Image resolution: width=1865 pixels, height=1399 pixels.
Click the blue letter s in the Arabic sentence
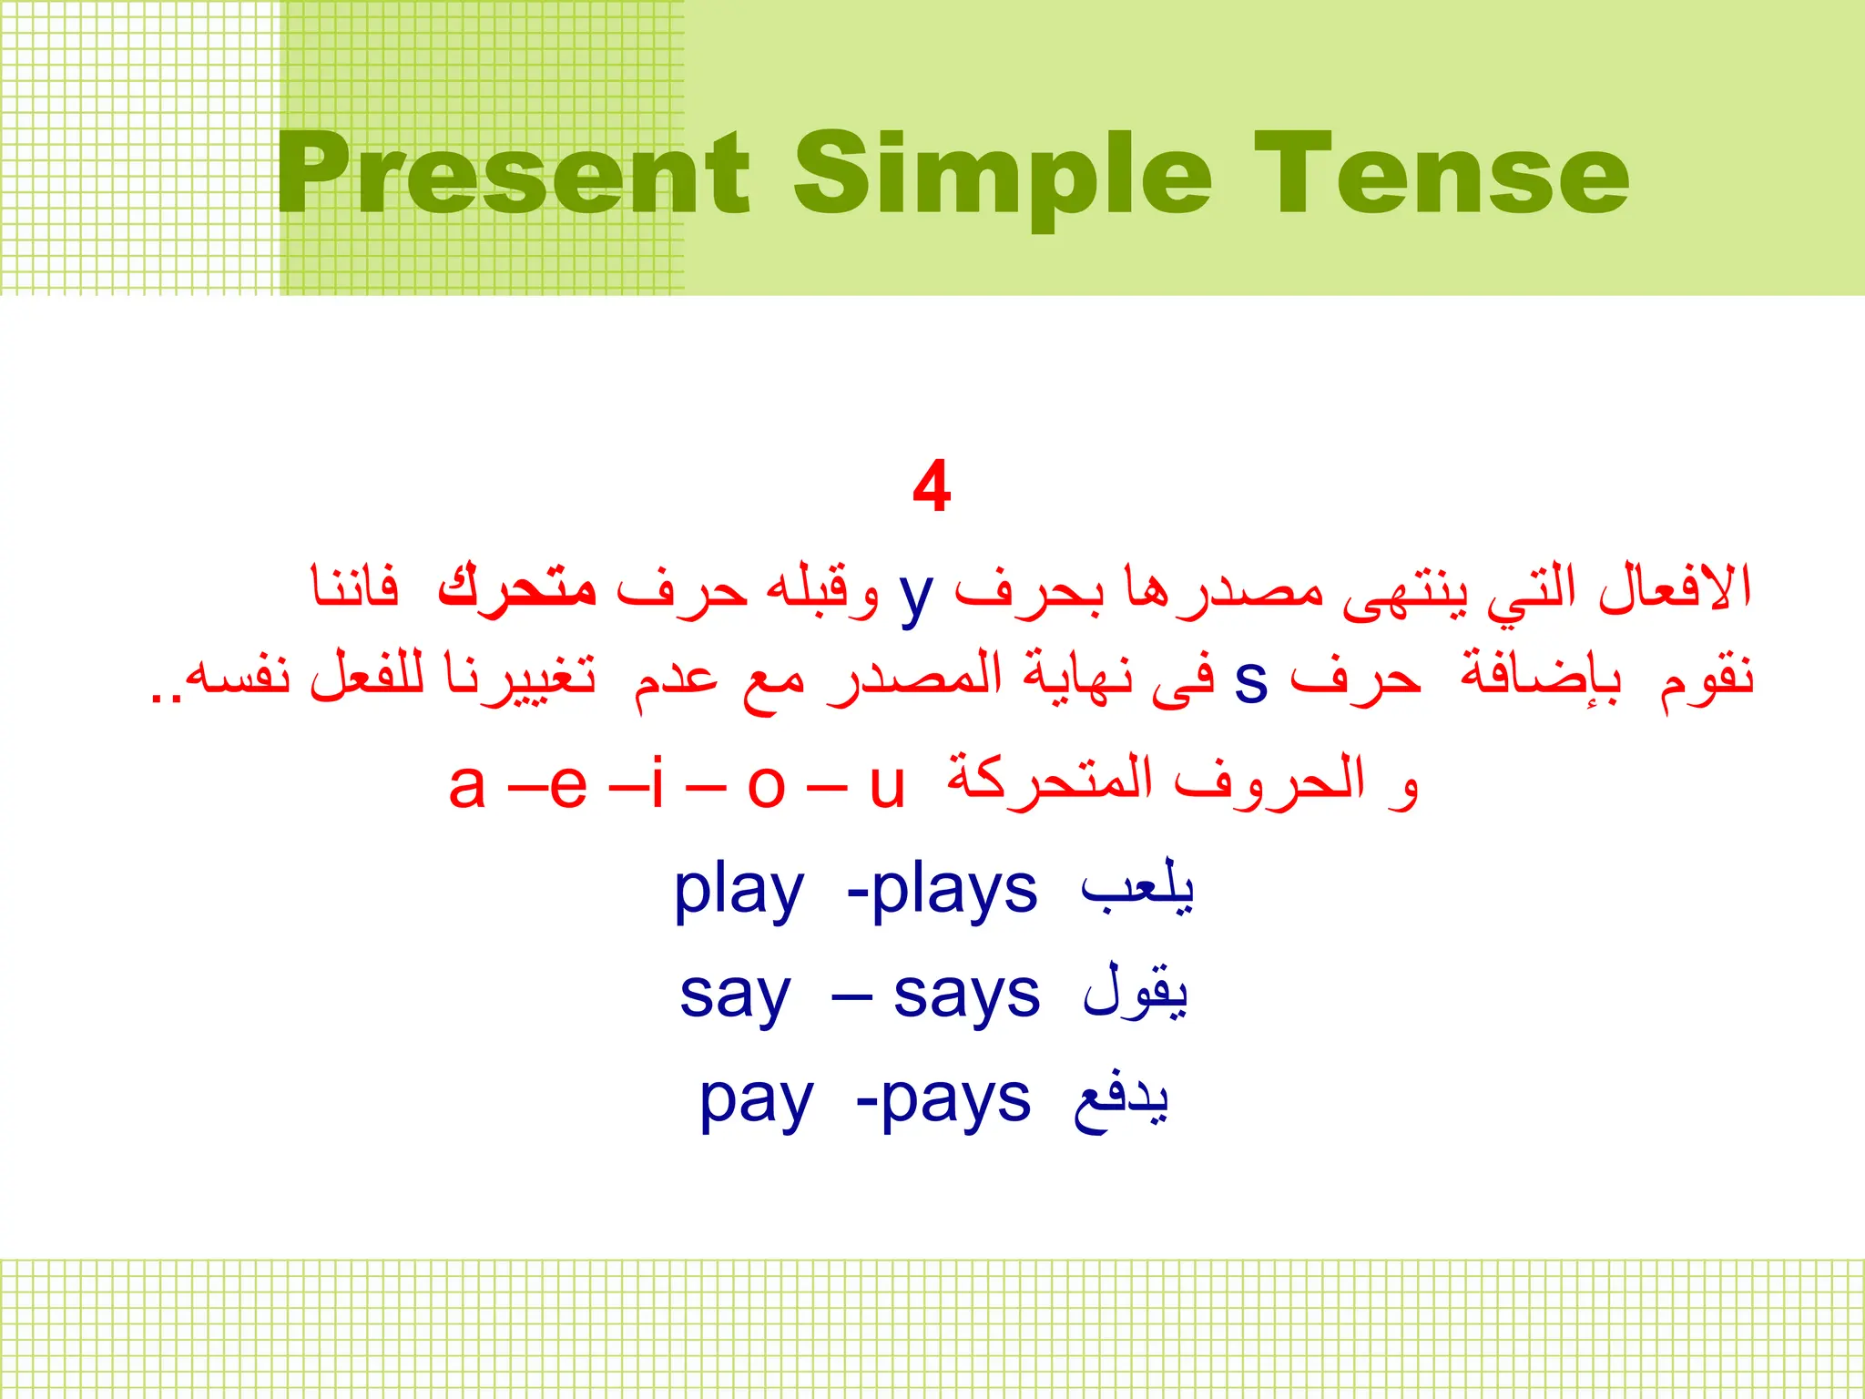click(x=1251, y=681)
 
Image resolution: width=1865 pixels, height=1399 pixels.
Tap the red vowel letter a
click(x=467, y=785)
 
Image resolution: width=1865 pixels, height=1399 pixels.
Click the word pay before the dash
click(x=756, y=1102)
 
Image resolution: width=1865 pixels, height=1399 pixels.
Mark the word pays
click(x=955, y=1102)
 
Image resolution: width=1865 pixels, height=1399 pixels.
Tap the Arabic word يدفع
click(x=1121, y=1100)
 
